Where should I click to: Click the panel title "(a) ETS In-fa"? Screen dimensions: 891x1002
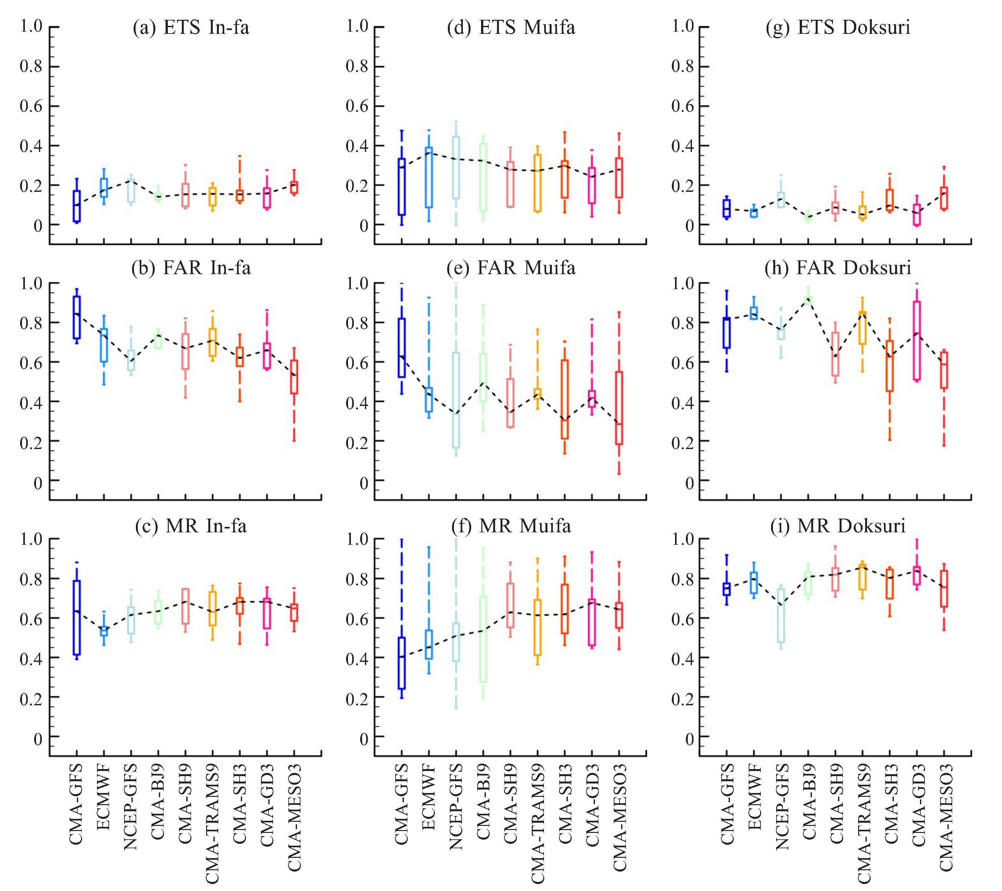click(191, 27)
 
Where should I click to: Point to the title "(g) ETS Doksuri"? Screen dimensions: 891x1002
click(838, 27)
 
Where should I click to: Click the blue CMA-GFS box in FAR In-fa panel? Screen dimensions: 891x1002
click(77, 317)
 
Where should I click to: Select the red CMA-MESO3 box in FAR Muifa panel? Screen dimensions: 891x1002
click(619, 408)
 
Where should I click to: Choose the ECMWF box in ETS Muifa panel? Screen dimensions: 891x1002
click(429, 177)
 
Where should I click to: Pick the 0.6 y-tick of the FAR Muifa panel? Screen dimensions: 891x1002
click(357, 363)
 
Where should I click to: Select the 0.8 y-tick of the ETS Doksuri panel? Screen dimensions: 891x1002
click(683, 66)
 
